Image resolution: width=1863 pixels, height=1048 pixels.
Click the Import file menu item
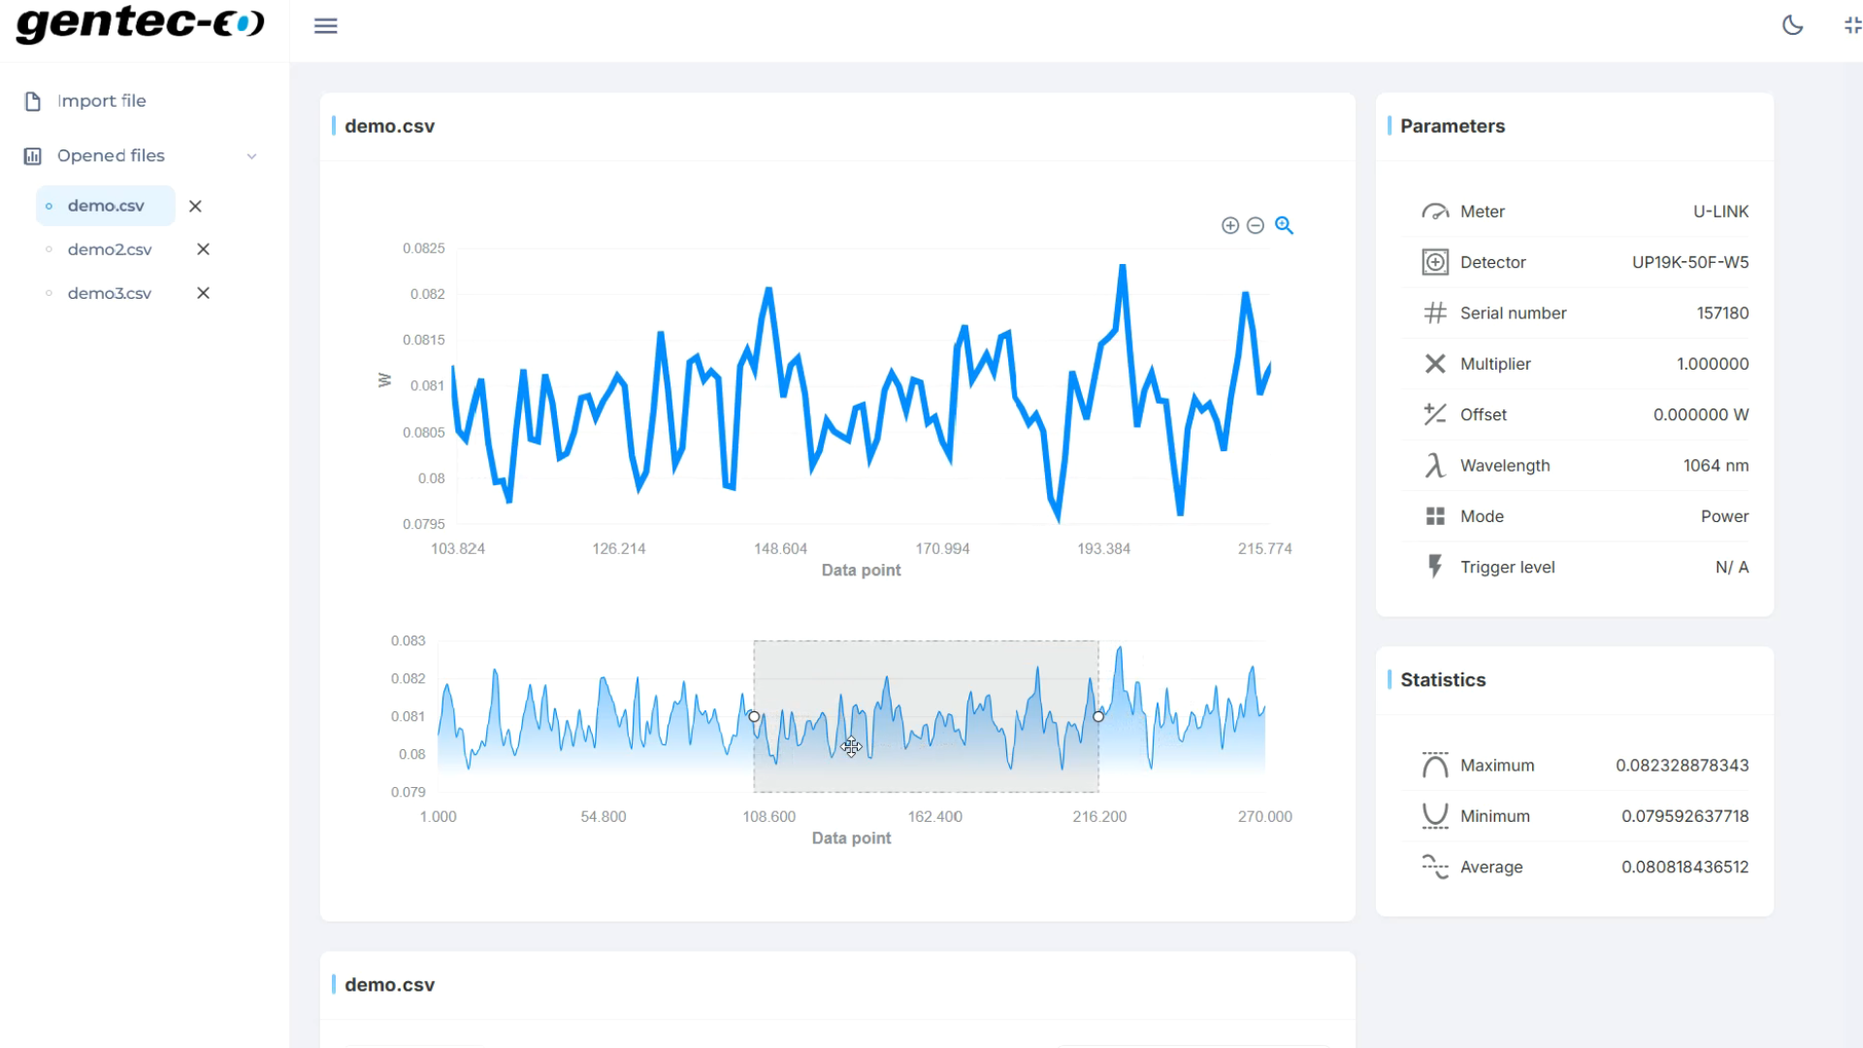pyautogui.click(x=101, y=101)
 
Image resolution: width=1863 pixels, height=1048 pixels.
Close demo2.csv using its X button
pyautogui.click(x=203, y=249)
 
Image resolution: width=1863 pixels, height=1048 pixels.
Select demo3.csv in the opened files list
pyautogui.click(x=110, y=293)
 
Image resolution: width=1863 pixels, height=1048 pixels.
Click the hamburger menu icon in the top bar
pyautogui.click(x=326, y=26)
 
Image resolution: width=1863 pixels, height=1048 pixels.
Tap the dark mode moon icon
pyautogui.click(x=1792, y=26)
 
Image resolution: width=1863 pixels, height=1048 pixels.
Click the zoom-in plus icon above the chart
pyautogui.click(x=1229, y=225)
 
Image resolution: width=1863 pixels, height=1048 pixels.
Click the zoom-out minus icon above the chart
pyautogui.click(x=1256, y=225)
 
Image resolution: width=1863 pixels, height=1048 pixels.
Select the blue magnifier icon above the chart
pyautogui.click(x=1284, y=225)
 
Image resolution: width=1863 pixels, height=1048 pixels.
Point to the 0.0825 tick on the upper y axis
pyautogui.click(x=424, y=248)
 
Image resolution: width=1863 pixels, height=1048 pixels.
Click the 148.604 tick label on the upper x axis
pyautogui.click(x=780, y=548)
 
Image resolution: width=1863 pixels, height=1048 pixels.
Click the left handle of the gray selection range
pyautogui.click(x=754, y=716)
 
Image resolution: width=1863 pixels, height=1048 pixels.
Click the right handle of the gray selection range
pyautogui.click(x=1098, y=716)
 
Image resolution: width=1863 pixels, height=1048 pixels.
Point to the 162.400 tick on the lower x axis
pyautogui.click(x=934, y=816)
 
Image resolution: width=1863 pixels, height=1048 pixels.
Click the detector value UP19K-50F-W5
pyautogui.click(x=1689, y=262)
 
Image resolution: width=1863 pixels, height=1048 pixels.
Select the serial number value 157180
pyautogui.click(x=1722, y=312)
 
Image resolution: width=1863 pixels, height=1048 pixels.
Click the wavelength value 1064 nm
pyautogui.click(x=1716, y=466)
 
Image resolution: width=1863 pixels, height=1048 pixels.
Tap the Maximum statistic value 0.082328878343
pyautogui.click(x=1682, y=766)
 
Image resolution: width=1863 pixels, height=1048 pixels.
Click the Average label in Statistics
pyautogui.click(x=1491, y=868)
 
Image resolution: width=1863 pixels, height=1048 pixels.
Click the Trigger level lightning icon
pyautogui.click(x=1435, y=567)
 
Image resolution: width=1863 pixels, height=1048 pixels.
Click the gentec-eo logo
pyautogui.click(x=140, y=23)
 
